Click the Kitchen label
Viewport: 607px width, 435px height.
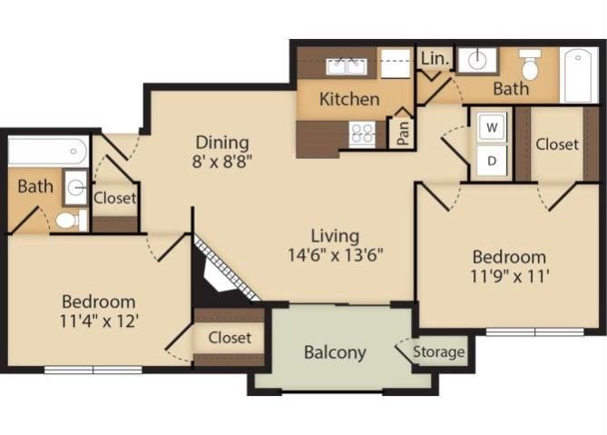pyautogui.click(x=349, y=99)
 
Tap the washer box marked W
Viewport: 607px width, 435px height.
pyautogui.click(x=492, y=127)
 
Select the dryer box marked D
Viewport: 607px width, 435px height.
pyautogui.click(x=492, y=161)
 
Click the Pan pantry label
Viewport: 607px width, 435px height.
pyautogui.click(x=402, y=132)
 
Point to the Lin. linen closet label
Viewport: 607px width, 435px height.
pyautogui.click(x=435, y=58)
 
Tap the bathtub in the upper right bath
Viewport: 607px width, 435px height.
pyautogui.click(x=579, y=74)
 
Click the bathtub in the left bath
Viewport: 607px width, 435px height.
pyautogui.click(x=47, y=151)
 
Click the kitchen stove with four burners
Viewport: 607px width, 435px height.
pyautogui.click(x=363, y=134)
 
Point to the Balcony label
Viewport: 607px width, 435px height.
pyautogui.click(x=335, y=352)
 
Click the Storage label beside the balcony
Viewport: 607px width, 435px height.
pyautogui.click(x=439, y=352)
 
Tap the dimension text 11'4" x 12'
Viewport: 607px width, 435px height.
pyautogui.click(x=99, y=321)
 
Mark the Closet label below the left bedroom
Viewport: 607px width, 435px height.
pyautogui.click(x=230, y=337)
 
